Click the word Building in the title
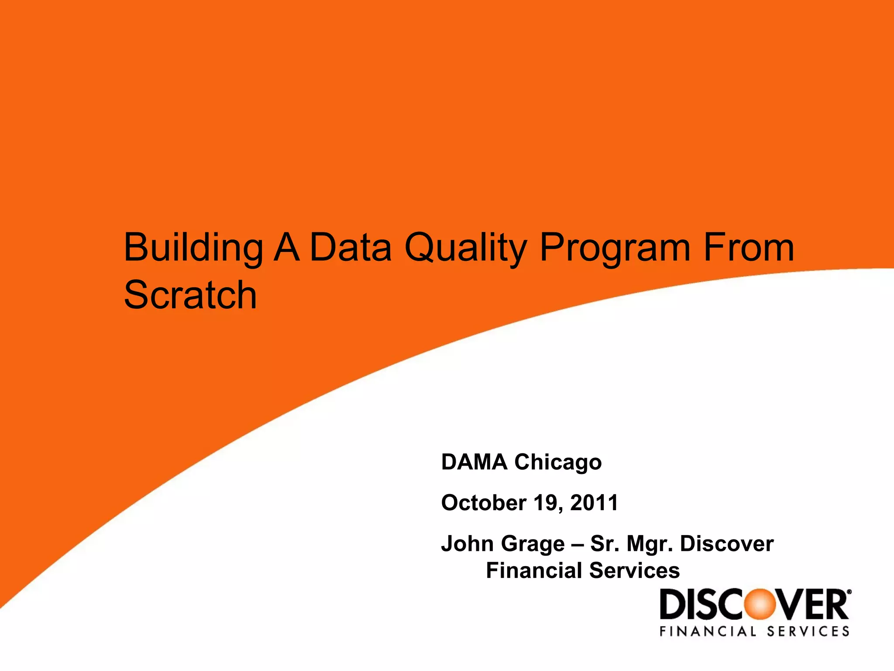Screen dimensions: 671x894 point(193,249)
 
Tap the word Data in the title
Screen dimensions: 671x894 point(351,248)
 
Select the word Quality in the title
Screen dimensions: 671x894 point(466,249)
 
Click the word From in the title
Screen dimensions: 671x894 point(749,248)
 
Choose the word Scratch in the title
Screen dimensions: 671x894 point(190,295)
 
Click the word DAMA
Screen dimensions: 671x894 point(474,462)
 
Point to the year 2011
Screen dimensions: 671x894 point(594,503)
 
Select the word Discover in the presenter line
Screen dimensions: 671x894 point(727,544)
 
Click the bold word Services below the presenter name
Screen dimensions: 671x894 point(634,571)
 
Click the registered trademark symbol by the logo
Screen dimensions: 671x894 point(849,593)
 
